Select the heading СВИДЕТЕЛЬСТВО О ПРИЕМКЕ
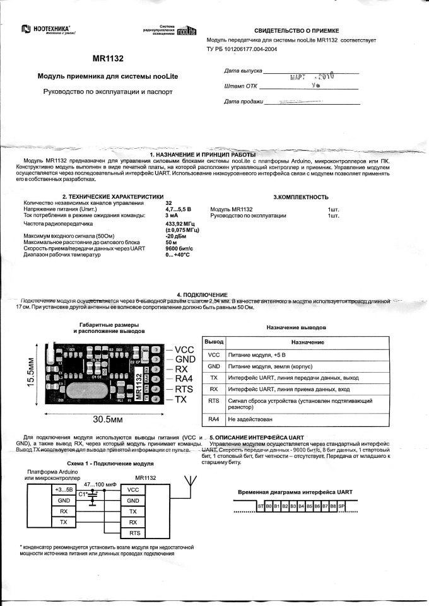coord(297,30)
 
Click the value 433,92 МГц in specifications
coord(179,223)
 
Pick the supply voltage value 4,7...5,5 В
coord(178,209)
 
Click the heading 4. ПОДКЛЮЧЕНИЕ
coord(202,294)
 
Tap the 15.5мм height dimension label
coord(30,375)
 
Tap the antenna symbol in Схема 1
coord(187,481)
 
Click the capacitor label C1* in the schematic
coord(82,494)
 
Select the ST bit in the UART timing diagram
coord(260,506)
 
